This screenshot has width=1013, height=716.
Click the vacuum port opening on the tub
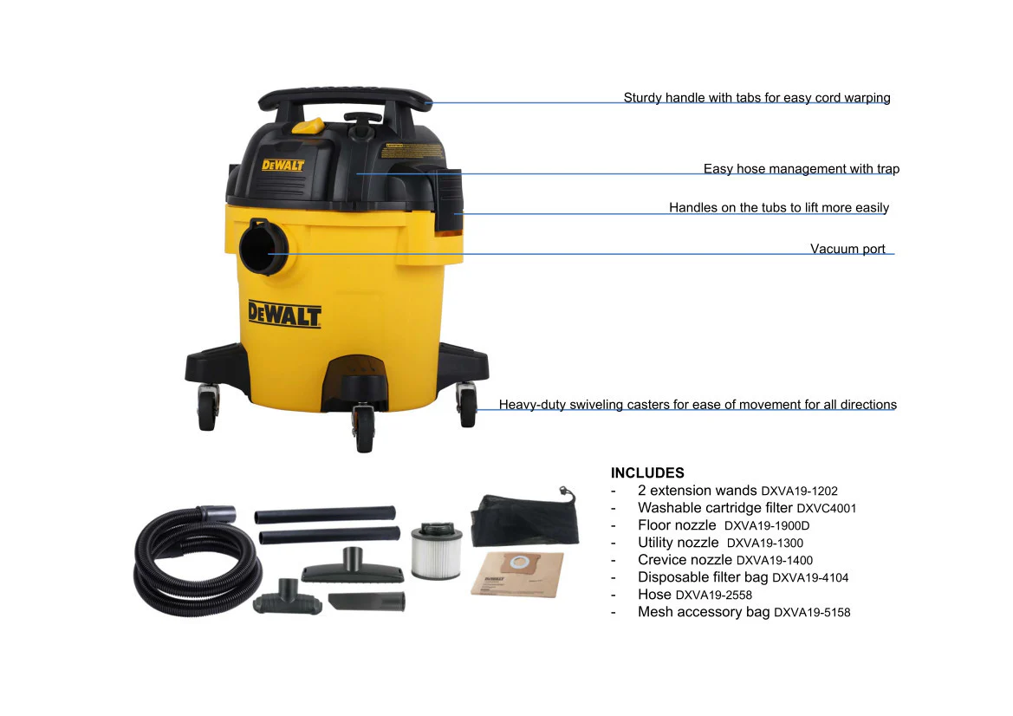click(x=260, y=249)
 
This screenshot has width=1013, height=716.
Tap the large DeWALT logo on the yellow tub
click(x=285, y=314)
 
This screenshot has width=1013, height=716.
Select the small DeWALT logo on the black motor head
click(x=283, y=165)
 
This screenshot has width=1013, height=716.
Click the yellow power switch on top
click(x=308, y=126)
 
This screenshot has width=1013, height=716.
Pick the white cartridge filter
click(x=436, y=550)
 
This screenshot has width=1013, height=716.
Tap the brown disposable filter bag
click(x=516, y=574)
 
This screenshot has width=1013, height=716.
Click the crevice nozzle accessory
click(x=367, y=602)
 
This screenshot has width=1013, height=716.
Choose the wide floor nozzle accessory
click(x=353, y=567)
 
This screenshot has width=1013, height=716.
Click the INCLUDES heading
click(x=647, y=472)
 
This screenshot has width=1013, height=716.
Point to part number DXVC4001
click(x=827, y=509)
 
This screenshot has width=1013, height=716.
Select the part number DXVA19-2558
click(x=713, y=596)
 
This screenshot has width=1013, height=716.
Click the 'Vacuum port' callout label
click(x=847, y=249)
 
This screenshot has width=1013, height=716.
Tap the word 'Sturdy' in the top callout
click(x=642, y=98)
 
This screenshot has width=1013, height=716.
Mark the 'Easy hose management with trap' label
click(x=801, y=169)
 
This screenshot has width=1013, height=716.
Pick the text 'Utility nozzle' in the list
click(x=678, y=543)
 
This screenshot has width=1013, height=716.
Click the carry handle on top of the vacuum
click(x=346, y=98)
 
